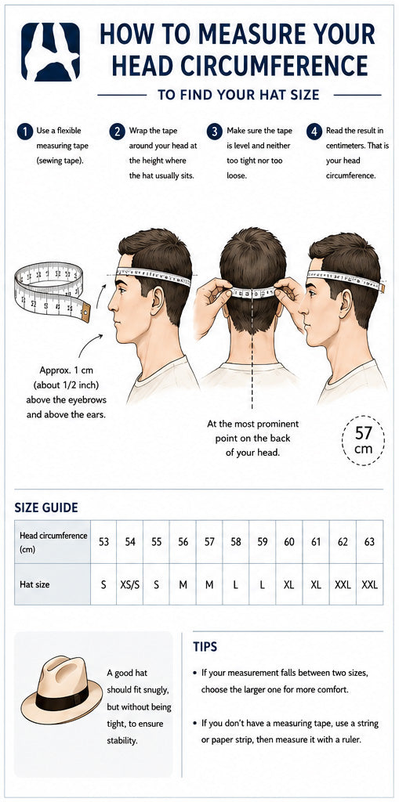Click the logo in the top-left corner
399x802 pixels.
pos(50,52)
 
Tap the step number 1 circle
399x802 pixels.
pos(24,132)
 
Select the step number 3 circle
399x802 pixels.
pos(214,132)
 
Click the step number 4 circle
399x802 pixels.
pos(314,132)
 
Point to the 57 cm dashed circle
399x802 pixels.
pos(363,440)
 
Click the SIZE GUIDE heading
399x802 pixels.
pos(46,508)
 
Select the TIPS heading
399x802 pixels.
pos(205,647)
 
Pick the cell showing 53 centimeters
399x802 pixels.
pos(103,542)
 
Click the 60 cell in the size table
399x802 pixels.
pos(289,542)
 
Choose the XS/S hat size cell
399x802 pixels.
pos(130,584)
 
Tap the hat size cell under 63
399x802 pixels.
pos(369,584)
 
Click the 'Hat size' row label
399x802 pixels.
pos(34,583)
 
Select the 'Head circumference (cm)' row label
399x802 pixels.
pos(53,542)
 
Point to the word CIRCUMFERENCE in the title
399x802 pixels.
pos(268,66)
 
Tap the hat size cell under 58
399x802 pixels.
pos(236,584)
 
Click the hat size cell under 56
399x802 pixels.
pos(183,584)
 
